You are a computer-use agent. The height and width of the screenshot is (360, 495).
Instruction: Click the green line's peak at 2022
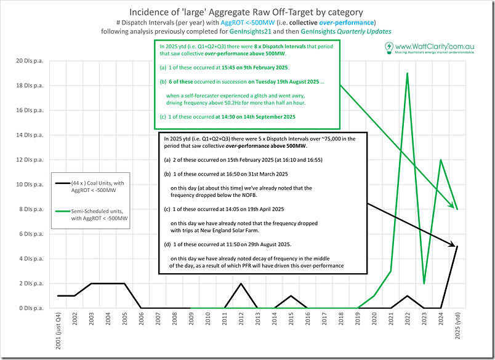coord(407,73)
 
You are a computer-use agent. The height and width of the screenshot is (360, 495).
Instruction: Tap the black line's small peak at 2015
coord(291,295)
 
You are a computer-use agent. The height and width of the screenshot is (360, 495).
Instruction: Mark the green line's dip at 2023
coord(424,283)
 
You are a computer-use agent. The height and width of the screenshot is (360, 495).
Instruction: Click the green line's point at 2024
coord(440,160)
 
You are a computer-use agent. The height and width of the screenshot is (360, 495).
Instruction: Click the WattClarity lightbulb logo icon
coord(389,47)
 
